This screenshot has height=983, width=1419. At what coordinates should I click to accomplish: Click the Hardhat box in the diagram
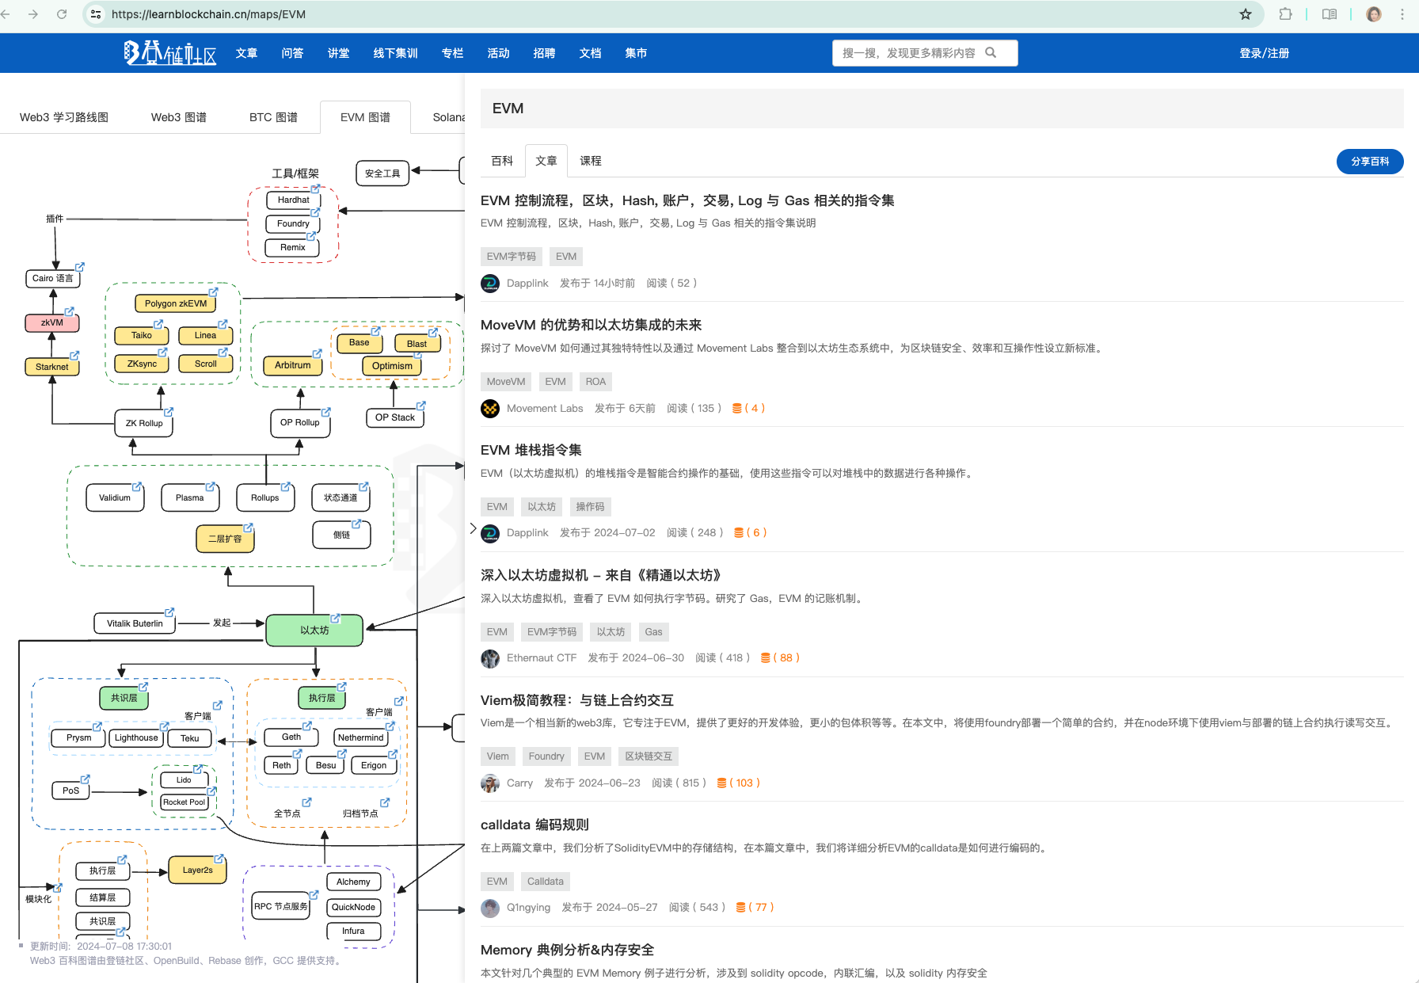pyautogui.click(x=293, y=200)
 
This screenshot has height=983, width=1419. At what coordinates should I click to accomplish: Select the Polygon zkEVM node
pyautogui.click(x=175, y=303)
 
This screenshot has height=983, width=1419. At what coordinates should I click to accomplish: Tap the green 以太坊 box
pyautogui.click(x=314, y=631)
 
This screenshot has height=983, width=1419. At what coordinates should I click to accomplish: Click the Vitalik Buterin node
pyautogui.click(x=135, y=623)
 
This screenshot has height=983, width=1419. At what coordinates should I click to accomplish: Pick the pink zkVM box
pyautogui.click(x=52, y=322)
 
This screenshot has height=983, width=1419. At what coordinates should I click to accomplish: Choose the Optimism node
pyautogui.click(x=392, y=366)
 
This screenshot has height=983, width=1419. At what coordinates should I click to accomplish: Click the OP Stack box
pyautogui.click(x=394, y=417)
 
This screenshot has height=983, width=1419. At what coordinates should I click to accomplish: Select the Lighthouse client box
pyautogui.click(x=136, y=737)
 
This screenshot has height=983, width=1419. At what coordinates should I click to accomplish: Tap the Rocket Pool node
pyautogui.click(x=184, y=802)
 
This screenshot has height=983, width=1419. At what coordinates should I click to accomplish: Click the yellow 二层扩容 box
pyautogui.click(x=225, y=539)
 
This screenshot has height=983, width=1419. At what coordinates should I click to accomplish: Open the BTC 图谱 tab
pyautogui.click(x=273, y=117)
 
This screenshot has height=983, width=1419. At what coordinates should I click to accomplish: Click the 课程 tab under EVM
pyautogui.click(x=590, y=161)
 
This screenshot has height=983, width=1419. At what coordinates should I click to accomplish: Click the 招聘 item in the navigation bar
pyautogui.click(x=544, y=53)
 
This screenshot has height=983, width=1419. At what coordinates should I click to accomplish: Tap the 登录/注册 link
pyautogui.click(x=1264, y=53)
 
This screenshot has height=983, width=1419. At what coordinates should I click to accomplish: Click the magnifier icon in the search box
pyautogui.click(x=991, y=52)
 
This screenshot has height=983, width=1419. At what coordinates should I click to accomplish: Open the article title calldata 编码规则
pyautogui.click(x=535, y=825)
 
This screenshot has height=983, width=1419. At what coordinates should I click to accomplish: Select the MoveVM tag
pyautogui.click(x=505, y=382)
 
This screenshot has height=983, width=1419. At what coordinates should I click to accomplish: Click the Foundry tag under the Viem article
pyautogui.click(x=546, y=756)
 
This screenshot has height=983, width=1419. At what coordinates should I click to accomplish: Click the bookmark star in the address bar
pyautogui.click(x=1246, y=14)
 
